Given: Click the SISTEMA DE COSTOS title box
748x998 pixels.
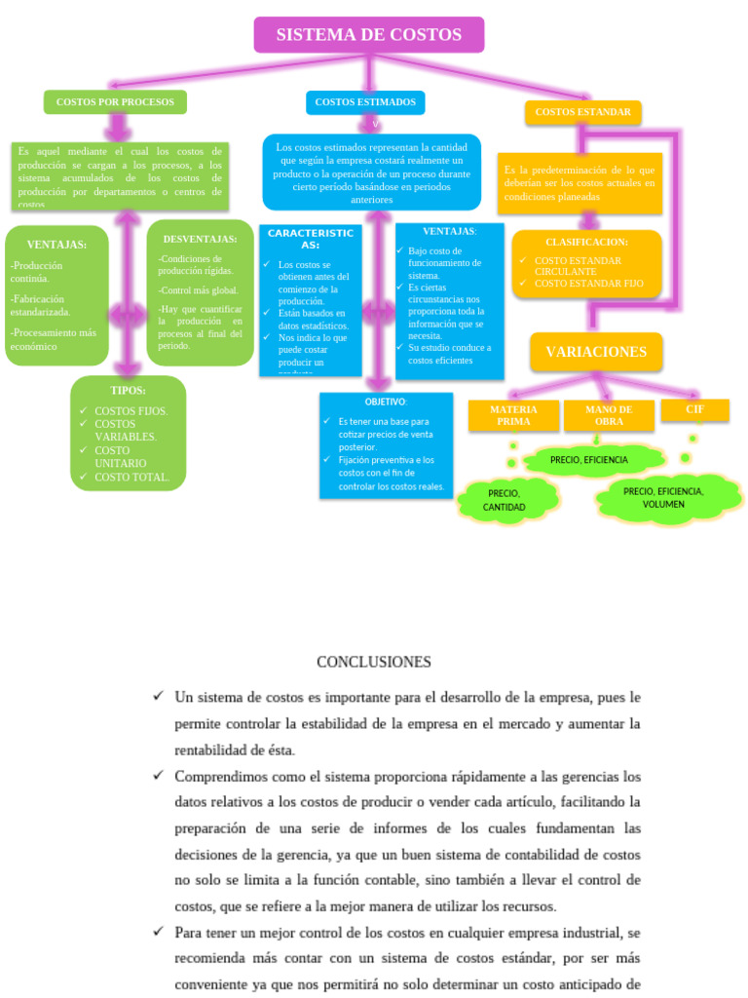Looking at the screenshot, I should click(368, 35).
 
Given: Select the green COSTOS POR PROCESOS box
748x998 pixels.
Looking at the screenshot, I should click(115, 101).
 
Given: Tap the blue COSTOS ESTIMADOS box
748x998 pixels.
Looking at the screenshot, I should click(365, 101).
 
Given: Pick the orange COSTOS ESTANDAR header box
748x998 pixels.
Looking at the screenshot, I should click(582, 112).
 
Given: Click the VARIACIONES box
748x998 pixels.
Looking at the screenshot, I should click(596, 352).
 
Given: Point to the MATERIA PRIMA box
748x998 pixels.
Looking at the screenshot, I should click(513, 415).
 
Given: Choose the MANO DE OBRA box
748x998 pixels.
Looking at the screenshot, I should click(609, 415).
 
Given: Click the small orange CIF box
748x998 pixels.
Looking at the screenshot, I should click(694, 409).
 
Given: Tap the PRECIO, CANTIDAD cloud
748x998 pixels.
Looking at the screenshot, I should click(505, 500).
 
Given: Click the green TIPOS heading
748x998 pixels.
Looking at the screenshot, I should click(128, 391).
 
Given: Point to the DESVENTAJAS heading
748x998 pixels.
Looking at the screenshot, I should click(200, 239).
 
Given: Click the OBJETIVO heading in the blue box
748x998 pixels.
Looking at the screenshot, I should click(386, 402).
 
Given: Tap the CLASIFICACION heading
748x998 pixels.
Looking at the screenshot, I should click(586, 242).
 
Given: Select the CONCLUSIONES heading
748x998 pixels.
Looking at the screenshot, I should click(374, 662).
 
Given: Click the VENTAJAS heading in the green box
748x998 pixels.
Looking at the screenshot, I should click(56, 245).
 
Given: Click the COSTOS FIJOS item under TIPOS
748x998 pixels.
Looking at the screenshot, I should click(131, 411).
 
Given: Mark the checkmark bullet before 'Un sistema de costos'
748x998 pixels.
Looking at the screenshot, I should click(159, 696).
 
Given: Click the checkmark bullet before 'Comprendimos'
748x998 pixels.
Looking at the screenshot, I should click(159, 775).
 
